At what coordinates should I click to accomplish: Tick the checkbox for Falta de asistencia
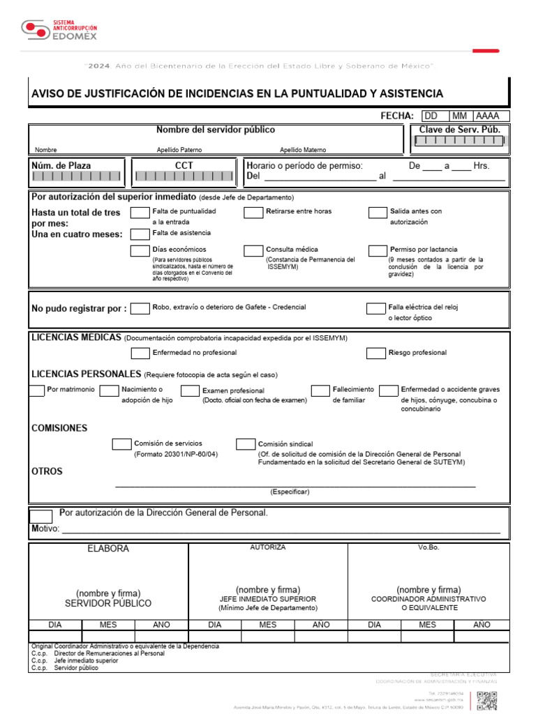(x=140, y=234)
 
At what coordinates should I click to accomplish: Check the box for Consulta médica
(x=253, y=250)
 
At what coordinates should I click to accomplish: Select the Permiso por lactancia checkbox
(x=378, y=250)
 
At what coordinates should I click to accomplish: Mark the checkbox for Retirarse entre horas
(x=253, y=212)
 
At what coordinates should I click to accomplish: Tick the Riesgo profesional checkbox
(x=375, y=353)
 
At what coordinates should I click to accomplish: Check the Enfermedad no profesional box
(x=140, y=353)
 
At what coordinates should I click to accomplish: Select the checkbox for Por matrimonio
(x=37, y=390)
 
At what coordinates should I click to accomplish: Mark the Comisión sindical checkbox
(x=245, y=444)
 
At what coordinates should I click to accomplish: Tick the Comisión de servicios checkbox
(x=121, y=444)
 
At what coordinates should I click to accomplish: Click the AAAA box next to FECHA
(x=491, y=116)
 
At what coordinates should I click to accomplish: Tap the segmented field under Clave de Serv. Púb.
(x=459, y=140)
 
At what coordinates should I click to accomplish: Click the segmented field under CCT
(x=184, y=176)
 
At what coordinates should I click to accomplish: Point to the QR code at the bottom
(x=486, y=701)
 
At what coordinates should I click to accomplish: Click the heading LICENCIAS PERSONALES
(x=86, y=374)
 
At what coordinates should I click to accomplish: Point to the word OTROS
(x=47, y=471)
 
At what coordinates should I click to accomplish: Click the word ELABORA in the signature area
(x=108, y=549)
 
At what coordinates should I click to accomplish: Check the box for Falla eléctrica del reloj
(x=377, y=308)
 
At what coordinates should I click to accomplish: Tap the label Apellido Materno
(x=303, y=150)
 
